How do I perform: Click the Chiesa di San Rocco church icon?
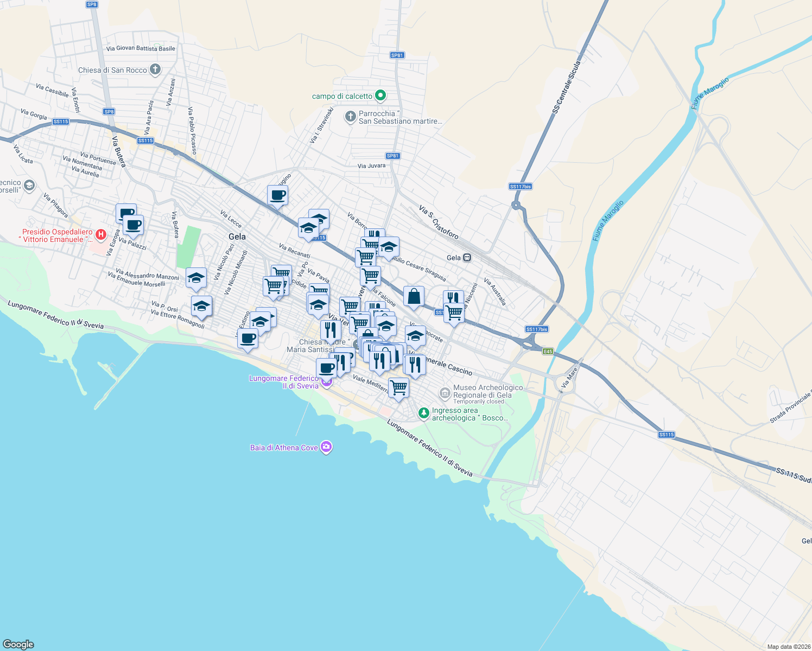pos(155,69)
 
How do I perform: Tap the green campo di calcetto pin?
pos(380,95)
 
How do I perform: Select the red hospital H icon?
pos(100,235)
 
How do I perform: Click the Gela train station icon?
pos(467,258)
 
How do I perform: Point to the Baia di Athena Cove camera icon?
pos(326,447)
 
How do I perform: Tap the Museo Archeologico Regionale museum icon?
pos(445,392)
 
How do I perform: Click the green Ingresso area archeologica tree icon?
pos(424,413)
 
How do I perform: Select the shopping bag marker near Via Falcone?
pos(414,297)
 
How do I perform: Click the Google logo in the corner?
pos(18,644)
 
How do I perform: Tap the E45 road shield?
pos(548,351)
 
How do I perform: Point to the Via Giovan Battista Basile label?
pos(141,48)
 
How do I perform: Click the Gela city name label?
pos(237,237)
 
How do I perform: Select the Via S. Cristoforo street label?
pos(439,222)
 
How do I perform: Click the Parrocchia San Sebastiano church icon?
pos(351,117)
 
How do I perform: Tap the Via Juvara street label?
pos(371,165)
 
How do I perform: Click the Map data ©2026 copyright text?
pos(788,647)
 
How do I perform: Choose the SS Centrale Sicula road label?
pos(567,87)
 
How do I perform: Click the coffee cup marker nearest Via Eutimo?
pos(248,339)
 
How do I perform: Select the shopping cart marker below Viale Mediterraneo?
pos(398,388)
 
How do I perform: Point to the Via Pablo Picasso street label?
pos(192,130)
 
